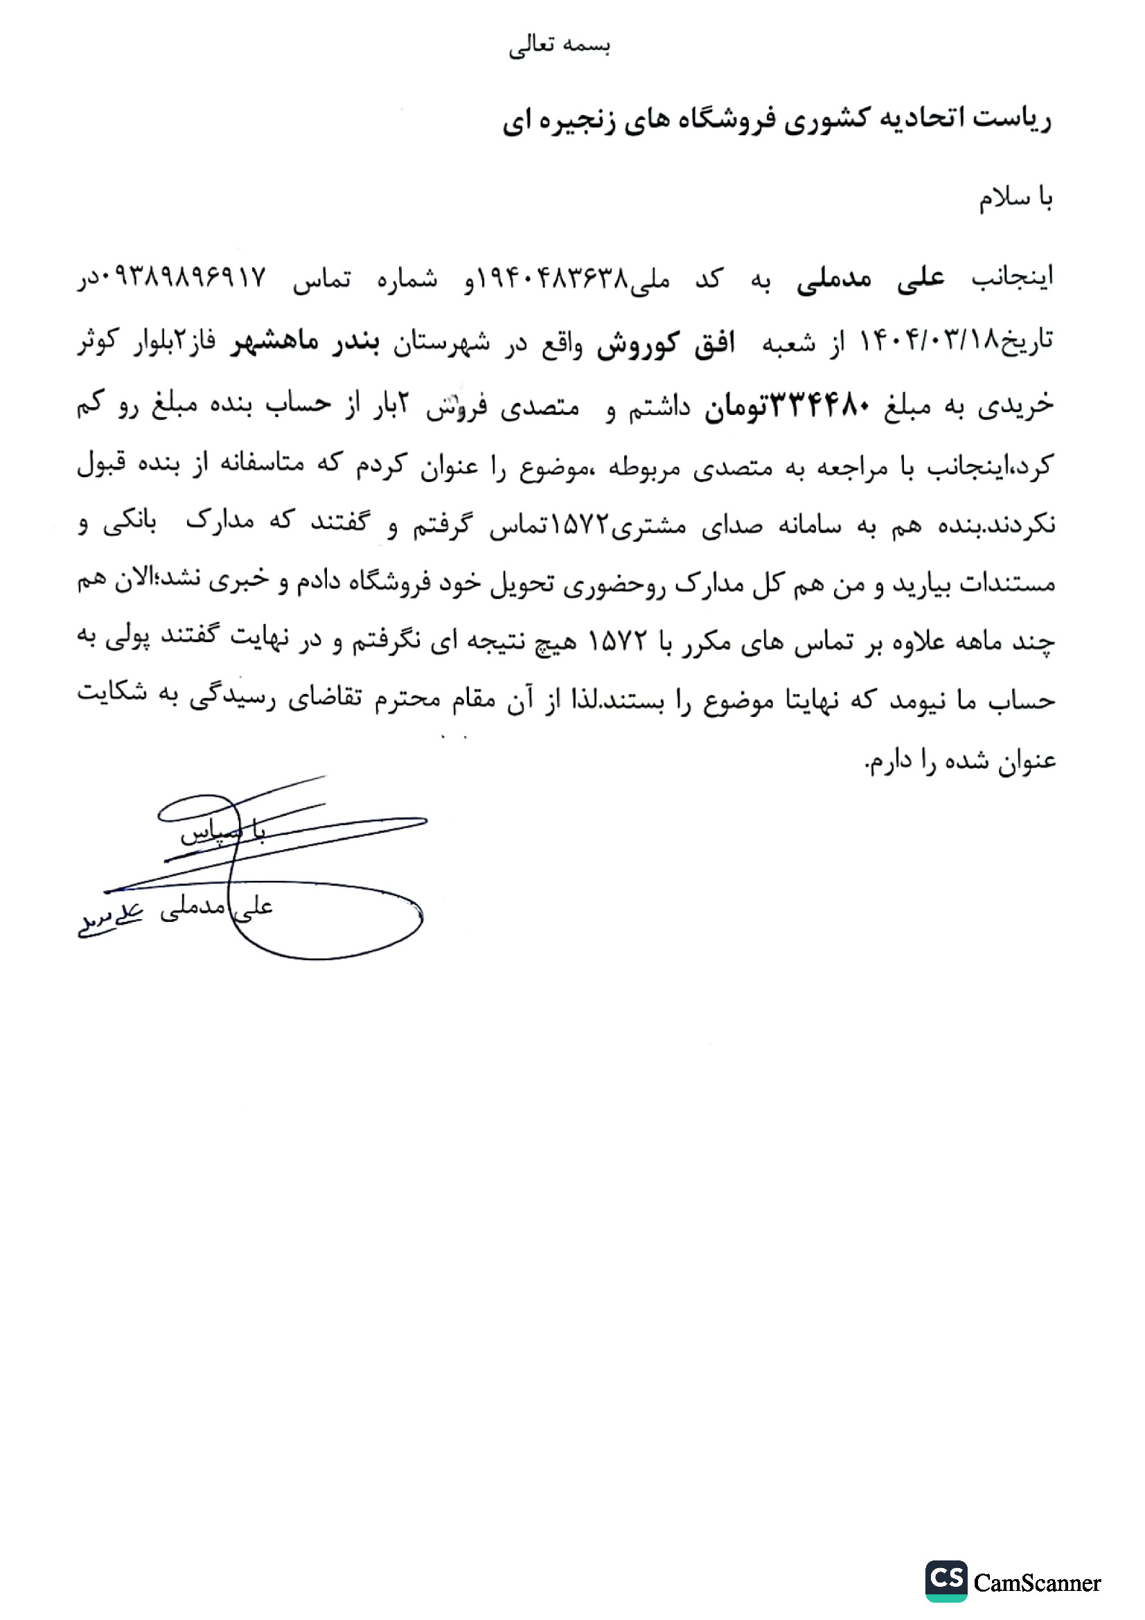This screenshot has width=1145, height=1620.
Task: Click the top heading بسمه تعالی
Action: pos(560,46)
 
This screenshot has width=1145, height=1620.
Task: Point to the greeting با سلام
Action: pos(1015,198)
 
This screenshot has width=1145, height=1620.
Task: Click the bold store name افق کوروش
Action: pos(665,344)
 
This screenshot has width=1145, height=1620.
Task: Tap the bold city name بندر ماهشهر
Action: pos(305,341)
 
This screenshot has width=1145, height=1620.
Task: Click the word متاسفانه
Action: pos(263,463)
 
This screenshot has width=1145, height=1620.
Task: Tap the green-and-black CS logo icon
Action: pos(946,1581)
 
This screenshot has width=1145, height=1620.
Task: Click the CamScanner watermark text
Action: pos(1036,1583)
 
